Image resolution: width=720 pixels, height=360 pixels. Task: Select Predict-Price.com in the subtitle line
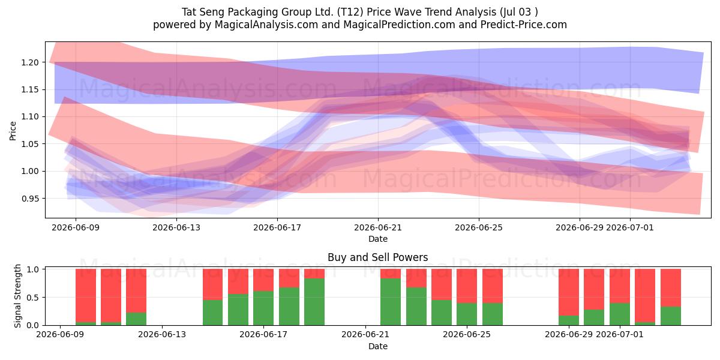click(524, 25)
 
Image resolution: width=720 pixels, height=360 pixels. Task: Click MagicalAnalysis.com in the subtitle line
click(266, 25)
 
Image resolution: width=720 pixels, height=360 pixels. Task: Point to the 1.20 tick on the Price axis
click(30, 62)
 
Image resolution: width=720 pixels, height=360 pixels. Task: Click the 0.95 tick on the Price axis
click(30, 199)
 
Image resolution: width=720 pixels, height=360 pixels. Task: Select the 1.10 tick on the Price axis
click(30, 116)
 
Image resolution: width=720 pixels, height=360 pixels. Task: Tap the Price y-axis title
click(13, 131)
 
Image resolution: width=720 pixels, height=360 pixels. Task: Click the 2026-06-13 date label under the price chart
click(176, 227)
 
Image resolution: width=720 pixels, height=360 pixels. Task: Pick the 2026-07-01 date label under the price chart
click(629, 227)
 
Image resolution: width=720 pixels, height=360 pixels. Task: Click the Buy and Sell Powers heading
click(377, 257)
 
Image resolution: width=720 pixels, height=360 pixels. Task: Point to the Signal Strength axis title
click(17, 296)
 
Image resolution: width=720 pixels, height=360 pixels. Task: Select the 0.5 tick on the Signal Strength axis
click(32, 298)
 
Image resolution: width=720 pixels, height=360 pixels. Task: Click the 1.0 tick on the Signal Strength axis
click(32, 269)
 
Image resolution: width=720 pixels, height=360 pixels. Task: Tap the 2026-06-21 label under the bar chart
click(365, 335)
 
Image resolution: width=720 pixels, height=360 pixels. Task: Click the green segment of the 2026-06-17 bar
click(263, 308)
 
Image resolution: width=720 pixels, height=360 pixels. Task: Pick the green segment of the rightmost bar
click(671, 316)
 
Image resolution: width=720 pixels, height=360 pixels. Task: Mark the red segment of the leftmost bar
click(86, 295)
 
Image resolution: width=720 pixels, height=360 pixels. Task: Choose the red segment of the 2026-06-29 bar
click(569, 292)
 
